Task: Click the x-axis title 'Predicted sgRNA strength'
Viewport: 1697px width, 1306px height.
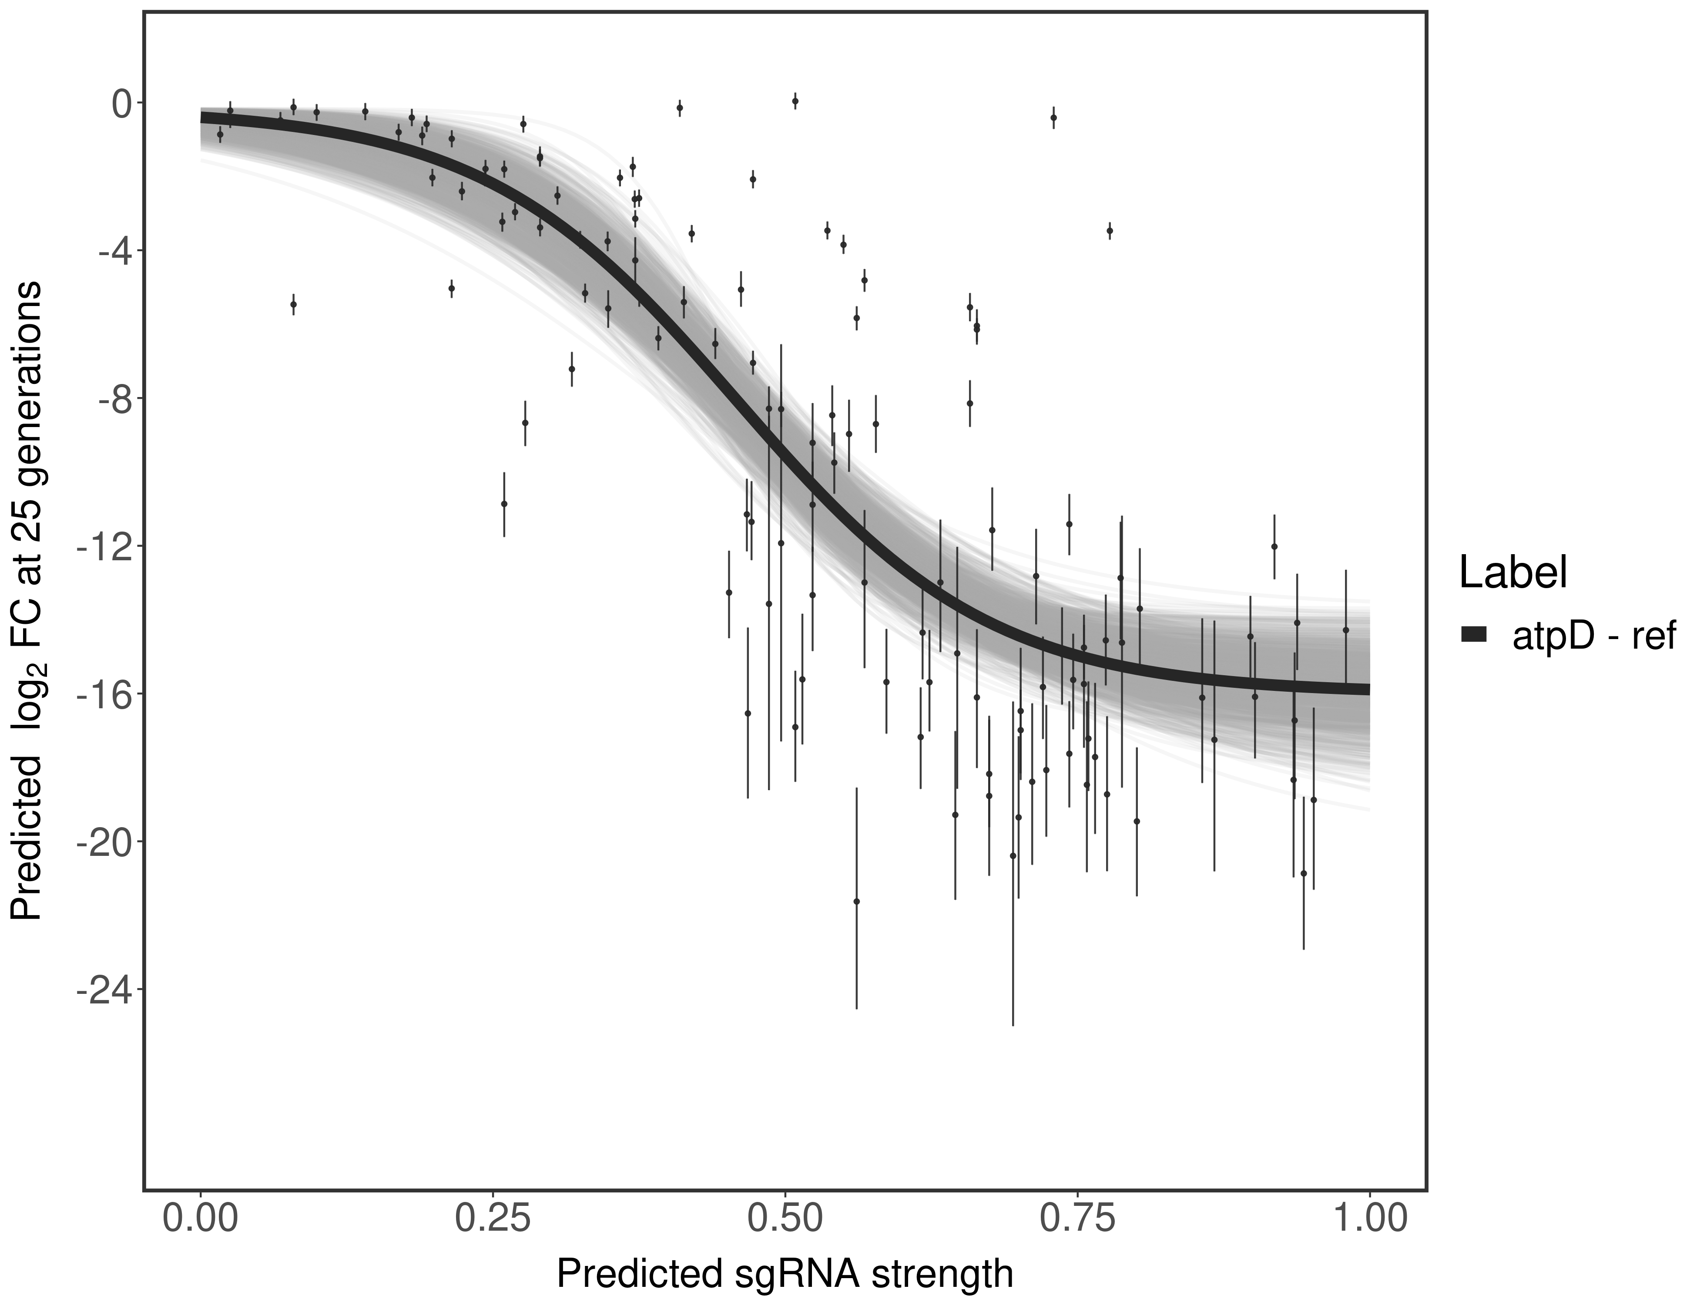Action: (x=785, y=1275)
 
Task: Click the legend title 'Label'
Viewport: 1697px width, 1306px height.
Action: (x=1512, y=573)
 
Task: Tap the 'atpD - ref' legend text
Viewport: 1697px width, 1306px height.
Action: (x=1593, y=636)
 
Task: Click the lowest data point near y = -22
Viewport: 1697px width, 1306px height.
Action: (x=856, y=901)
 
